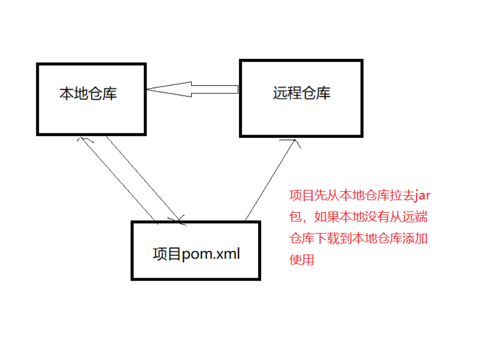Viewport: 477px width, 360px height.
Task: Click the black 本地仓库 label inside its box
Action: pyautogui.click(x=88, y=93)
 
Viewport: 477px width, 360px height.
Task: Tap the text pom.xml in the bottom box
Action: pyautogui.click(x=211, y=253)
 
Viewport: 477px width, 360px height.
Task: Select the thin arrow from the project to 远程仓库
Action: pyautogui.click(x=270, y=180)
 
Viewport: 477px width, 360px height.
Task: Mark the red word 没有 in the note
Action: pyautogui.click(x=377, y=217)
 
